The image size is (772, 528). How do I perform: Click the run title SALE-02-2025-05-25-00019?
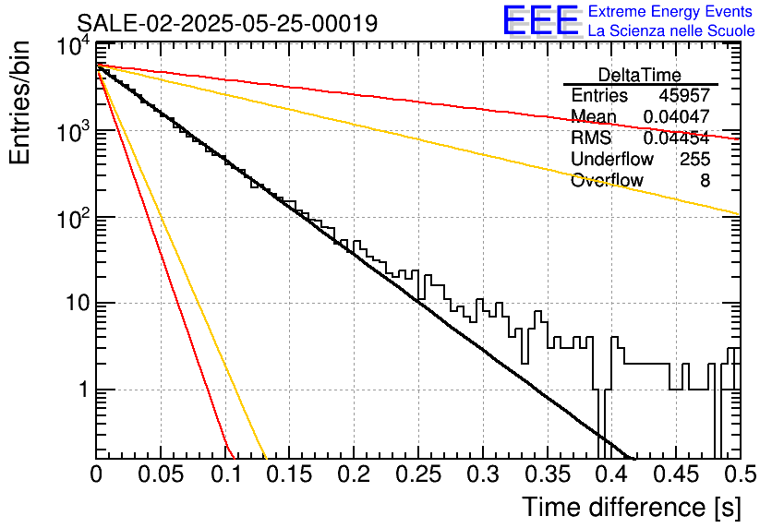[x=227, y=23]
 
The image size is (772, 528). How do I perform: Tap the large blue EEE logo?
[x=540, y=20]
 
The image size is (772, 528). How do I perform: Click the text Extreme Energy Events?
[x=670, y=11]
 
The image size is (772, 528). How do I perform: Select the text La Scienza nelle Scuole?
[x=671, y=30]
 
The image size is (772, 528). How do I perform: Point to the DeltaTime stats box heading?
[x=640, y=75]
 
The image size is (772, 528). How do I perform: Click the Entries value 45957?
[x=684, y=95]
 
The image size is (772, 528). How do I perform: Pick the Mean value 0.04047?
[x=677, y=116]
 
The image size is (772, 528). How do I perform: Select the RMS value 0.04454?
[x=677, y=138]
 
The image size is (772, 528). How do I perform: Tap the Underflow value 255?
[x=694, y=159]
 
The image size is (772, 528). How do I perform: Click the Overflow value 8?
[x=705, y=181]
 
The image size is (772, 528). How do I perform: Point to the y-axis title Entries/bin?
[x=19, y=102]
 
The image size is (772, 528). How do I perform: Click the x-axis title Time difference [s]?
[x=632, y=507]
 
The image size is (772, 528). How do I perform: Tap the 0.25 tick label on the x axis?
[x=418, y=474]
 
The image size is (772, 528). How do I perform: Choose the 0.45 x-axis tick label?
[x=676, y=474]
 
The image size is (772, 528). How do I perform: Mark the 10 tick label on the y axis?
[x=78, y=303]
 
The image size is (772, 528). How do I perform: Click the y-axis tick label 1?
[x=84, y=390]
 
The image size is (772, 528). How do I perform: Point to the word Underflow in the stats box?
[x=612, y=159]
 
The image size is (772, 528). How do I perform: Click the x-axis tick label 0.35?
[x=547, y=474]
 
